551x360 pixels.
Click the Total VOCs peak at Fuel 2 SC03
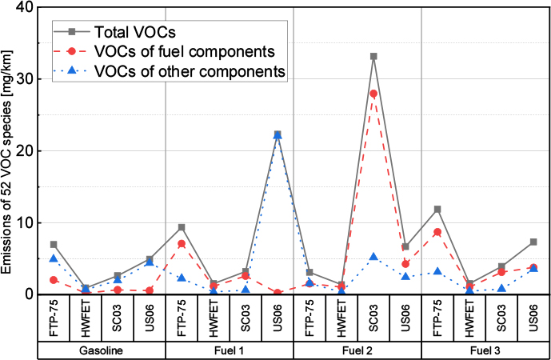(x=373, y=57)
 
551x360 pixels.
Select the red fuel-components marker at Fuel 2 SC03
(x=373, y=94)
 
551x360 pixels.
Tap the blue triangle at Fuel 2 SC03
(x=373, y=257)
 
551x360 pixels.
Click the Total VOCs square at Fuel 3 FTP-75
(x=437, y=210)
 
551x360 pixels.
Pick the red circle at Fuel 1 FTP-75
(x=182, y=244)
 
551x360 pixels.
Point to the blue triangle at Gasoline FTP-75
(x=54, y=258)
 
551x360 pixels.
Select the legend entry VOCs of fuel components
(x=185, y=52)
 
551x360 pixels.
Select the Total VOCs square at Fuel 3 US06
(x=533, y=242)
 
